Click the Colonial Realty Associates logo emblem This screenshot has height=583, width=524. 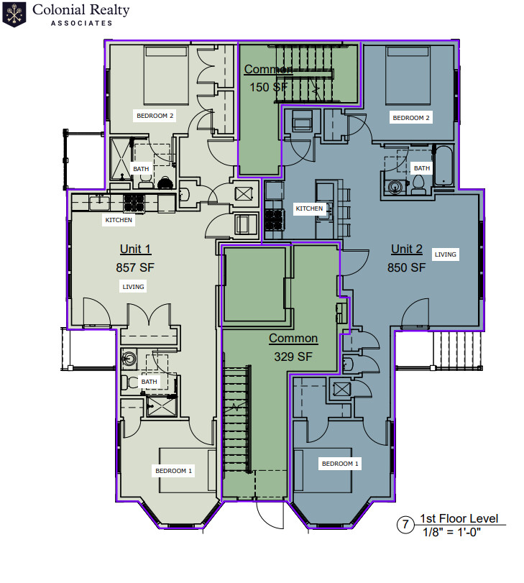pos(14,14)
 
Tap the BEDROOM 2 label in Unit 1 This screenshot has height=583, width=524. pos(155,115)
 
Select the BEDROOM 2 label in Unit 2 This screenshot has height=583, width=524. pos(410,118)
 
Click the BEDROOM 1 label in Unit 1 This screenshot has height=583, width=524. pos(174,471)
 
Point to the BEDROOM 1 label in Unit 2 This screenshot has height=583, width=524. pos(340,464)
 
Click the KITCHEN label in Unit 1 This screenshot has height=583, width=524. pos(119,220)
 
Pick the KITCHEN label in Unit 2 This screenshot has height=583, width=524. pos(309,208)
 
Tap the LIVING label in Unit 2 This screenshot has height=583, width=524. pos(446,254)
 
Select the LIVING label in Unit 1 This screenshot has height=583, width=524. pos(133,287)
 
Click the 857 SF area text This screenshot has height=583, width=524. pos(135,267)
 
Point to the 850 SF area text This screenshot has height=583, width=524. pos(407,267)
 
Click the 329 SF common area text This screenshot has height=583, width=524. pos(293,356)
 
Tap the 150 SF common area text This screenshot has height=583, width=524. pos(268,87)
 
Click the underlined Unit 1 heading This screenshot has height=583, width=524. pos(135,249)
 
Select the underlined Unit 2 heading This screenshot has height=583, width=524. pos(407,249)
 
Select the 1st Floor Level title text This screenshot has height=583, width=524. pos(459,519)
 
